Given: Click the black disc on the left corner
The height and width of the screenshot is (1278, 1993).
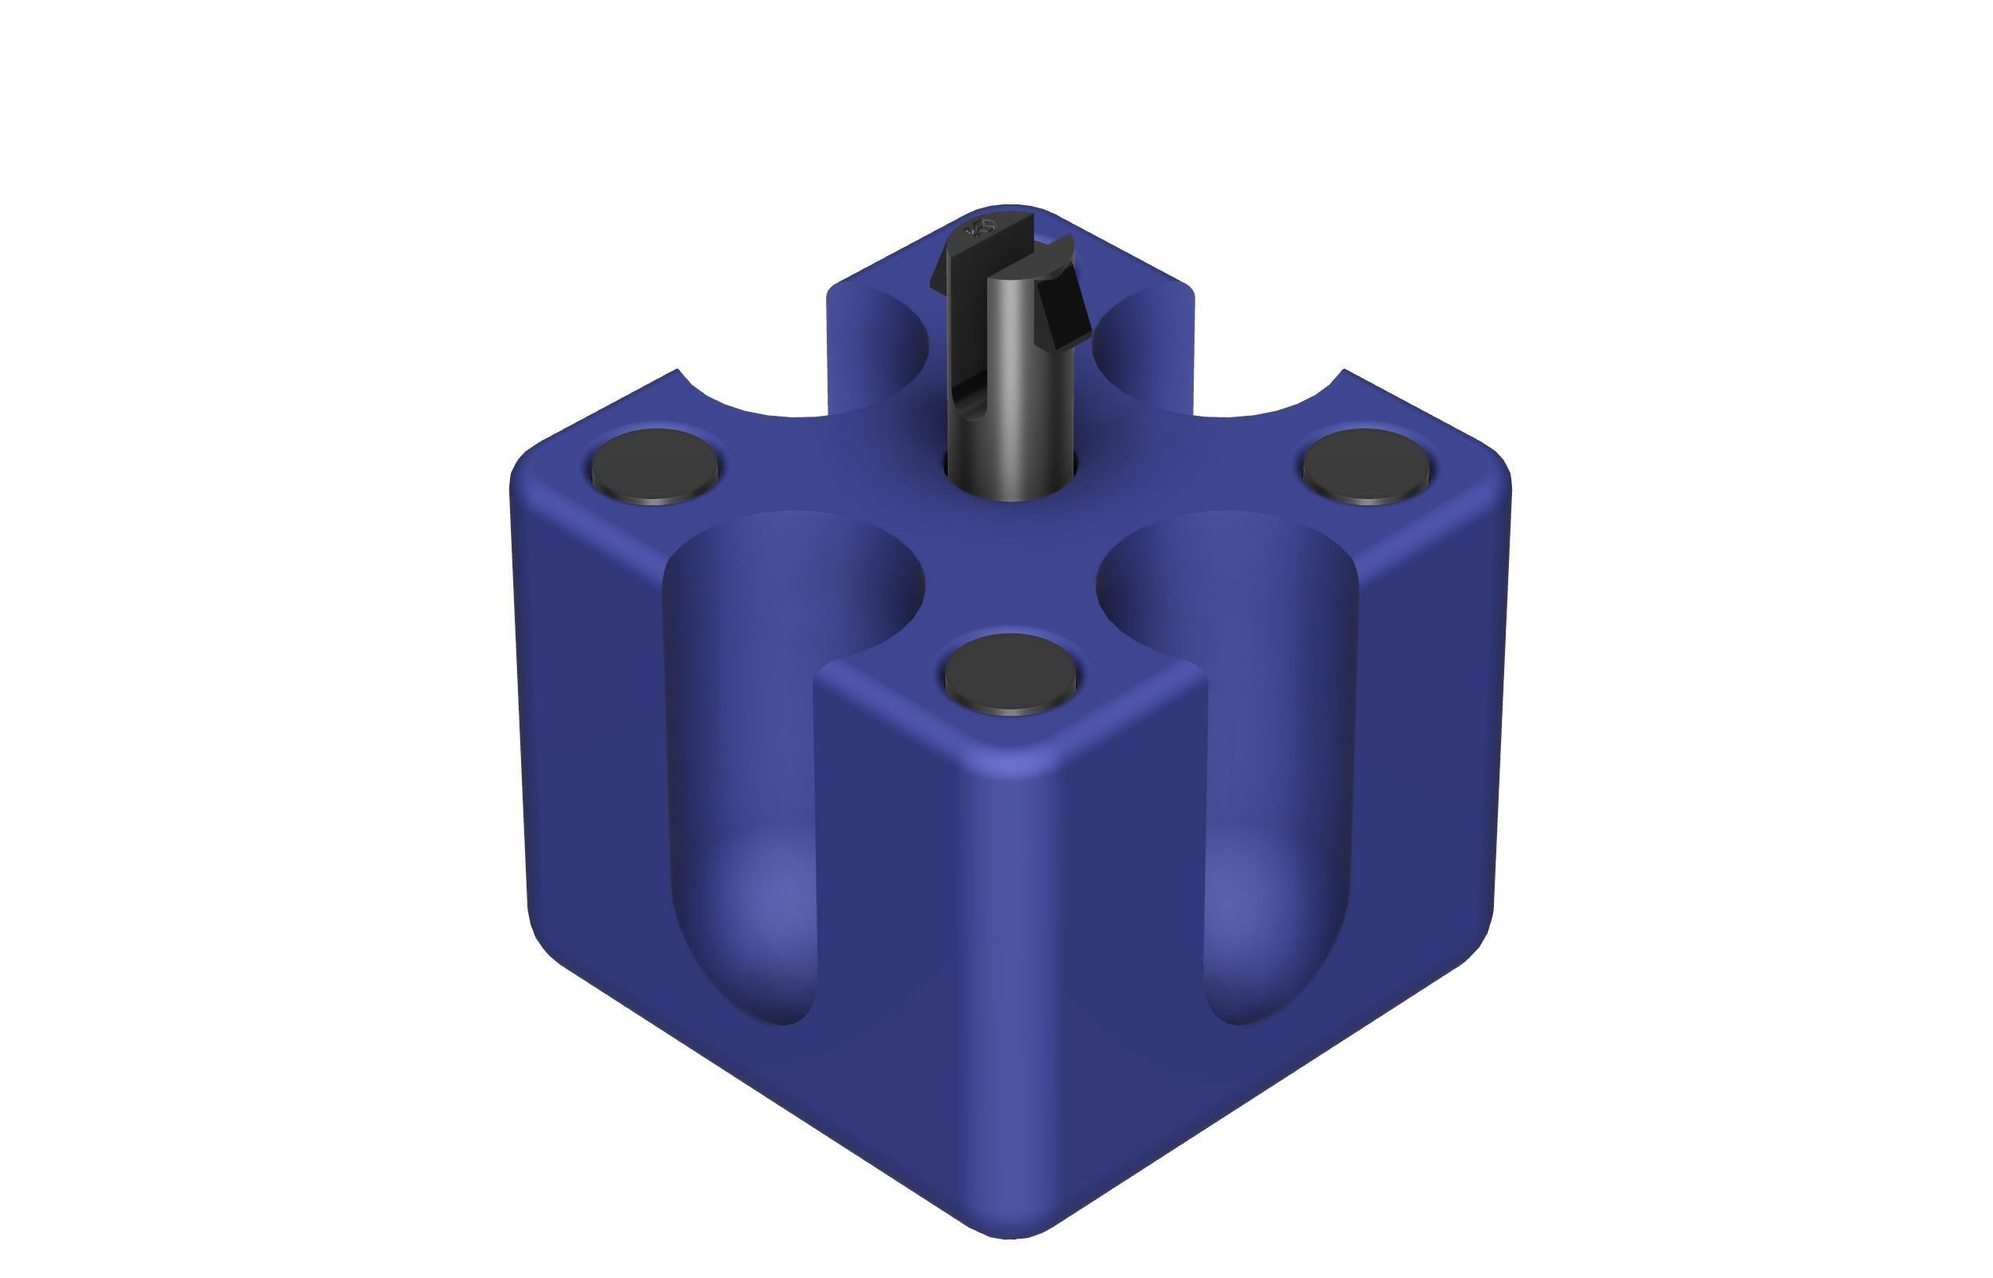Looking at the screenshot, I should click(655, 465).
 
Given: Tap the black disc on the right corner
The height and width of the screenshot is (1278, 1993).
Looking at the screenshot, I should click(1366, 465).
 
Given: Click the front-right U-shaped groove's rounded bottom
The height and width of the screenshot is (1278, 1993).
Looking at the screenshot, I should click(1253, 954).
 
